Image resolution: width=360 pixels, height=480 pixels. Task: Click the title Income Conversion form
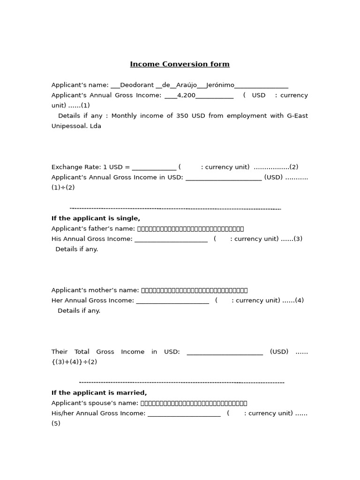pos(180,64)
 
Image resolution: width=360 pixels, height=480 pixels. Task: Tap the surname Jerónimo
pos(220,85)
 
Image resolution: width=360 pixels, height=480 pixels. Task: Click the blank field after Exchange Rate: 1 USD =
pos(154,167)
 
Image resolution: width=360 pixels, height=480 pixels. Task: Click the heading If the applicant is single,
pos(96,218)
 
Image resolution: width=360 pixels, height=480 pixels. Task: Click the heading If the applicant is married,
pos(99,393)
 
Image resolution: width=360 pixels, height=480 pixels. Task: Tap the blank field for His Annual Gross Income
pos(171,239)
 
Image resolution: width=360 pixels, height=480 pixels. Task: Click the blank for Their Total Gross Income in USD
pos(225,352)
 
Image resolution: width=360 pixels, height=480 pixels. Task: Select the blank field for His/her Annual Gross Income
pos(184,414)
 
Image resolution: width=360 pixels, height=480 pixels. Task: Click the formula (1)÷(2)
pos(63,187)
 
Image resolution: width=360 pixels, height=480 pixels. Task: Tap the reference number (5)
pos(56,424)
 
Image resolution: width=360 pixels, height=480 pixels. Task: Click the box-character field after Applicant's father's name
pos(190,229)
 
